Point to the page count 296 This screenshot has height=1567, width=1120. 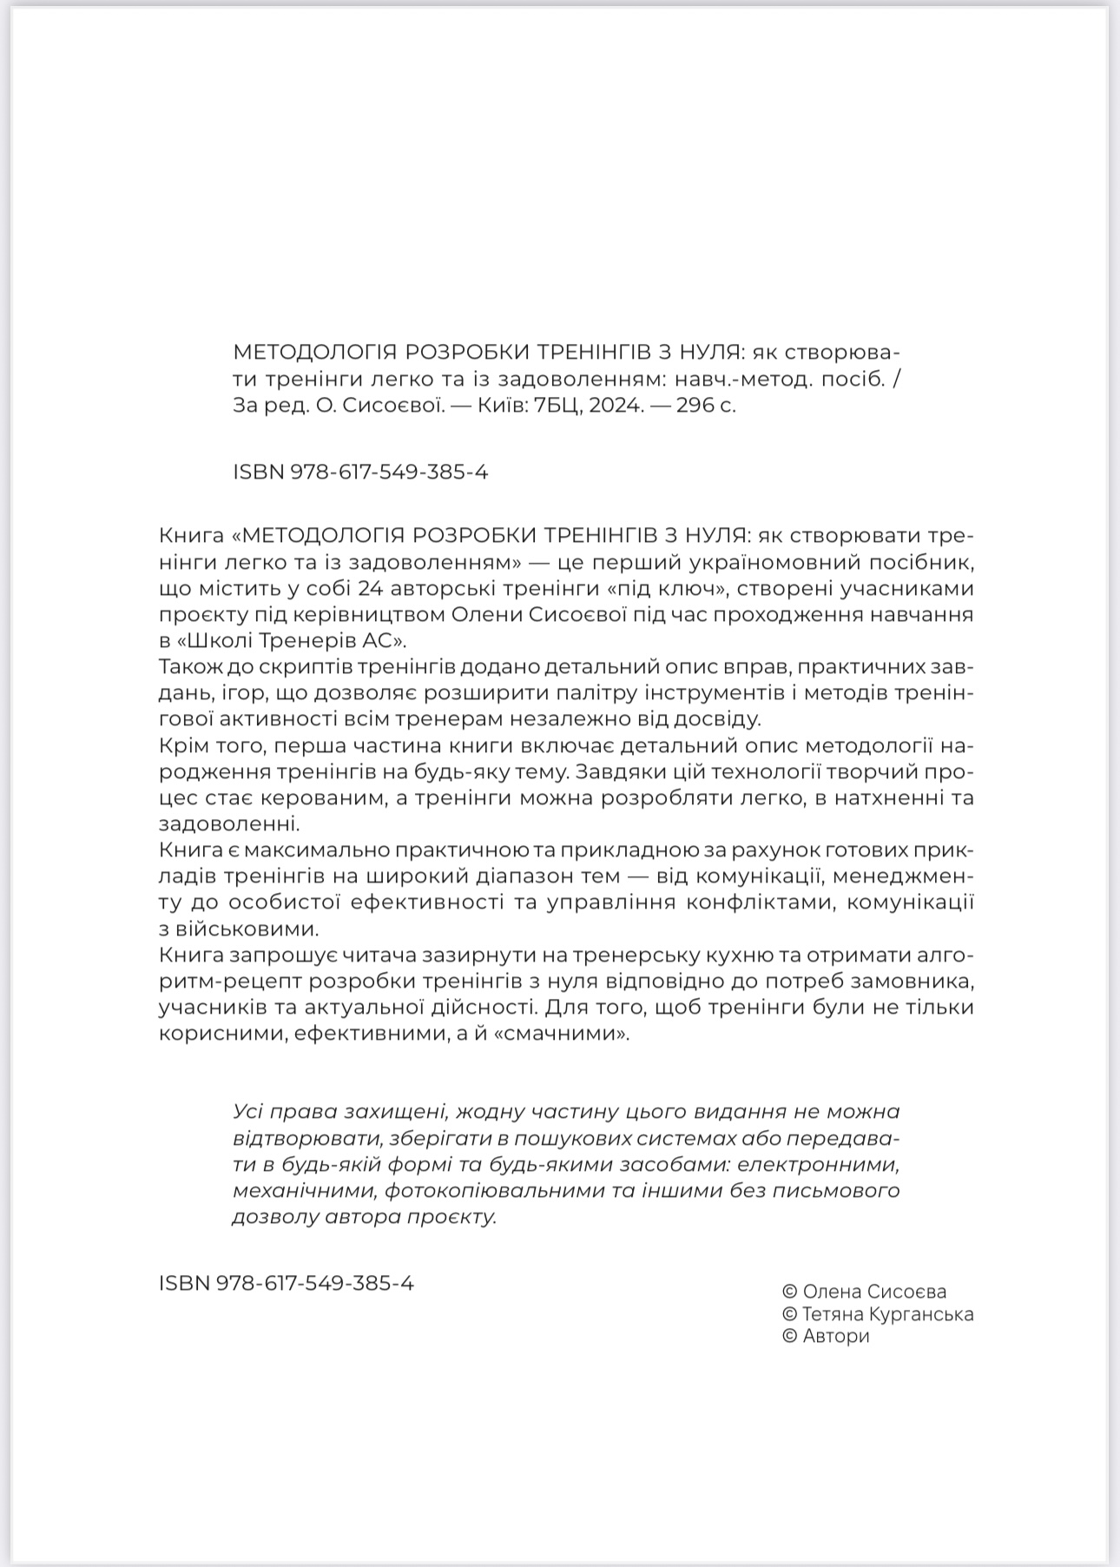pos(695,405)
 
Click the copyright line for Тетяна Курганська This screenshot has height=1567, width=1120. pos(878,1314)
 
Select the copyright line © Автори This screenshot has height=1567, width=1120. pos(826,1336)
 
